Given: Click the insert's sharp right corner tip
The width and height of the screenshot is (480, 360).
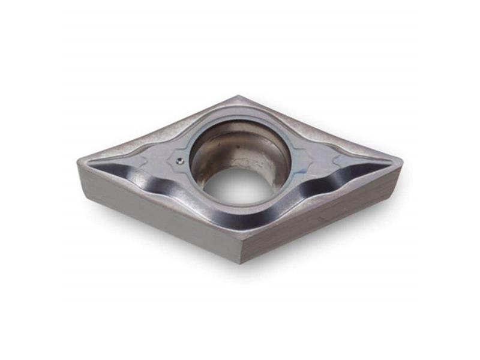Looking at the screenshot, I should click(x=401, y=161).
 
